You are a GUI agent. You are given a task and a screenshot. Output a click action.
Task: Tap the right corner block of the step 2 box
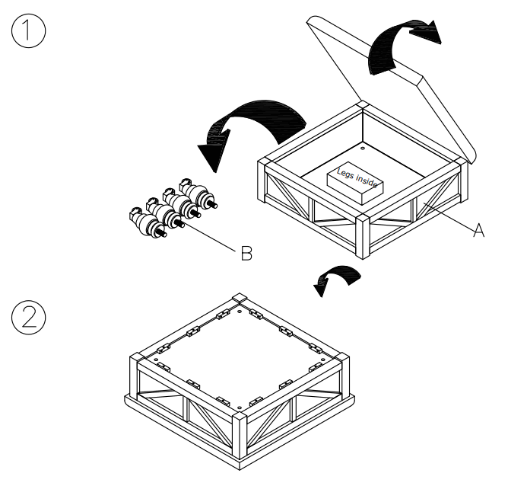pyautogui.click(x=343, y=358)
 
